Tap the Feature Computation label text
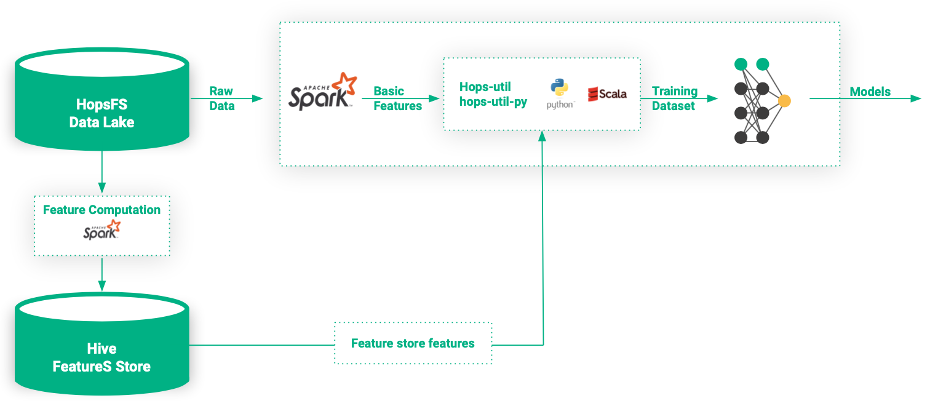tap(101, 210)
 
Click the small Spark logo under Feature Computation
tap(102, 231)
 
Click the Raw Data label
tap(221, 98)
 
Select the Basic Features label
tap(397, 98)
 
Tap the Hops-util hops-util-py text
tap(493, 94)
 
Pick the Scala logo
tap(607, 94)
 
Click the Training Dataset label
tap(674, 98)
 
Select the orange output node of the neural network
tap(784, 101)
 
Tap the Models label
tap(870, 92)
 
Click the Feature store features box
tap(413, 343)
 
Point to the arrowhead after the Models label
tap(916, 98)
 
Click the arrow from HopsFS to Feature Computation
tap(102, 172)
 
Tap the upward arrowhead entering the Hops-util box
tap(542, 136)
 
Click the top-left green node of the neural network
tap(741, 64)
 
